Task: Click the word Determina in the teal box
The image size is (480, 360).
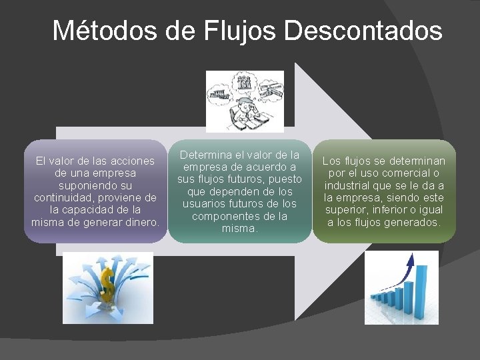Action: click(207, 155)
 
